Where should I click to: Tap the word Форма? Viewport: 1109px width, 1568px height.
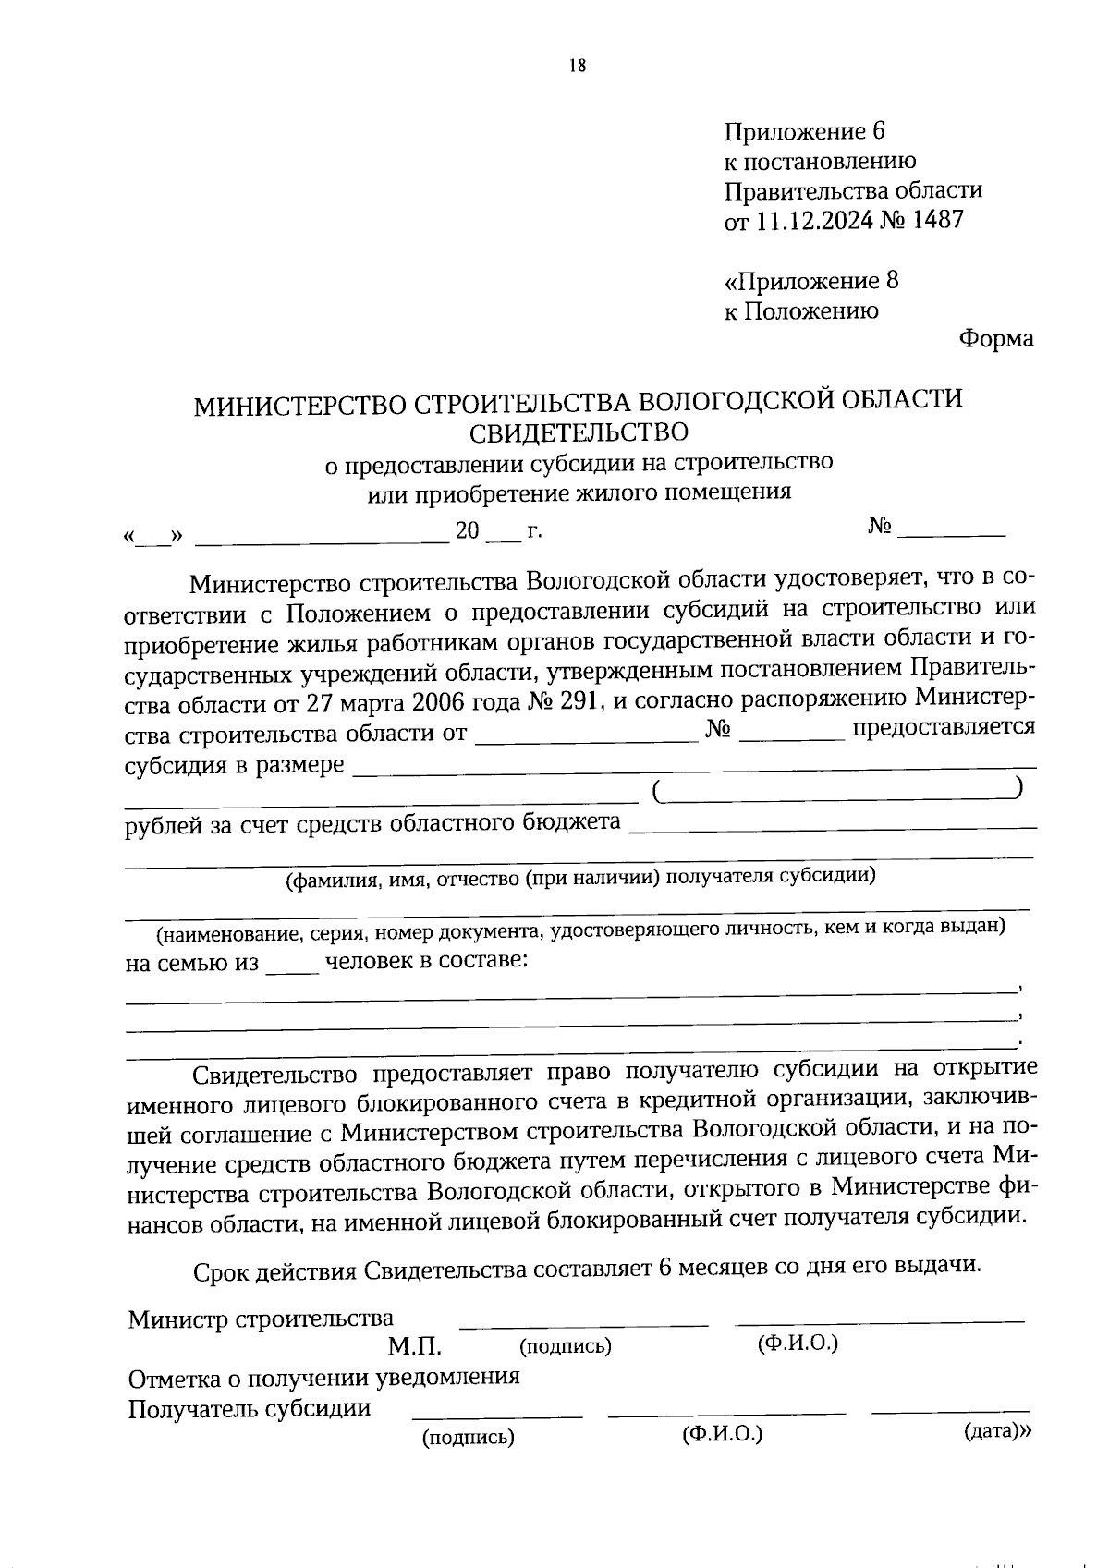[x=995, y=339]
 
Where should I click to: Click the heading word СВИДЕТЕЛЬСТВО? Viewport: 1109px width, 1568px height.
[x=579, y=432]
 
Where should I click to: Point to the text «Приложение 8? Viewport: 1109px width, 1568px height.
[x=810, y=281]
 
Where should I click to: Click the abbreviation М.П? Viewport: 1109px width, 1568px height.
[x=414, y=1345]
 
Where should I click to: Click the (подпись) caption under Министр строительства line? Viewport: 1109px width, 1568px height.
[x=566, y=1346]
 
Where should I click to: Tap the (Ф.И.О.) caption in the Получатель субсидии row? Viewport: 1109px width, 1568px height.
[x=722, y=1435]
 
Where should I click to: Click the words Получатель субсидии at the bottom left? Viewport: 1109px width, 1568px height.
[x=250, y=1408]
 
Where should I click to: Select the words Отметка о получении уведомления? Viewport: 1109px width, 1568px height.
[x=323, y=1377]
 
